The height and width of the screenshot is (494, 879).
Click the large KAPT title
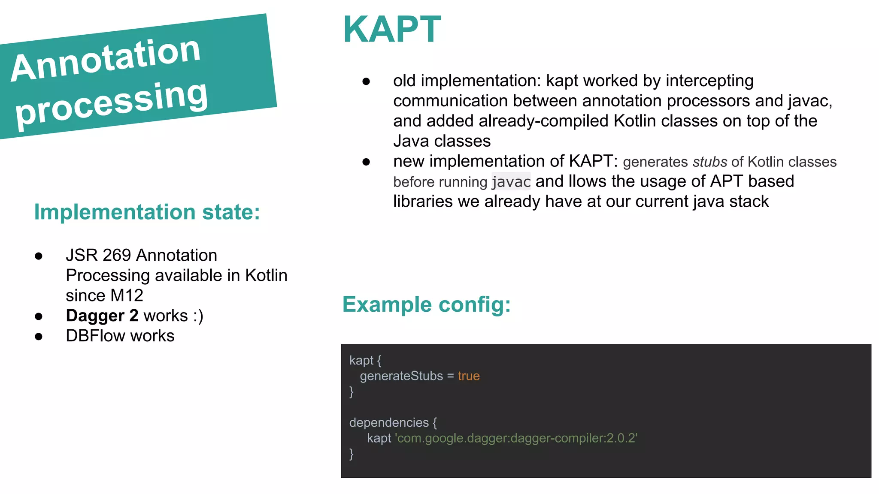pyautogui.click(x=392, y=30)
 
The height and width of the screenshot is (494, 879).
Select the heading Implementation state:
pyautogui.click(x=147, y=212)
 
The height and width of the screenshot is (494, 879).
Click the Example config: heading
pyautogui.click(x=426, y=305)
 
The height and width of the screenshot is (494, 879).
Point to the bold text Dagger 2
pyautogui.click(x=102, y=316)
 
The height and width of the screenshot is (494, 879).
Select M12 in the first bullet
pyautogui.click(x=127, y=295)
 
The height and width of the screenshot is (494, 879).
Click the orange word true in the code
pyautogui.click(x=468, y=376)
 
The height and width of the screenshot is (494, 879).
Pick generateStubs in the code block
pyautogui.click(x=401, y=376)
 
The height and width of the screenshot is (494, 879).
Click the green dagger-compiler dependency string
pyautogui.click(x=516, y=438)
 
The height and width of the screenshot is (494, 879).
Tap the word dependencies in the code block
pyautogui.click(x=389, y=423)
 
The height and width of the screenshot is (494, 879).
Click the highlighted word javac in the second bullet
pyautogui.click(x=511, y=182)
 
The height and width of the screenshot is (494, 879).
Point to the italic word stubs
pyautogui.click(x=709, y=162)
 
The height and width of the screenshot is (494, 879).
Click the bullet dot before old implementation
pyautogui.click(x=366, y=81)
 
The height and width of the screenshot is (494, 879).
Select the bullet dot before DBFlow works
pyautogui.click(x=39, y=337)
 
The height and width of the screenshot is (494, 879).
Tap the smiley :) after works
pyautogui.click(x=198, y=316)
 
